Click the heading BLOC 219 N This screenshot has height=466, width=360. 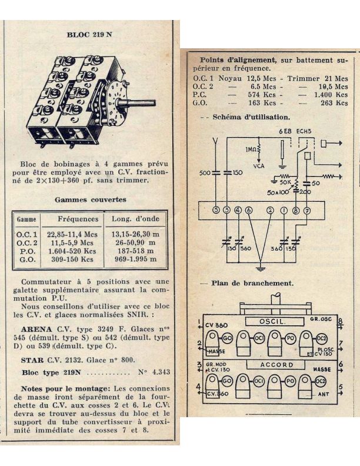pyautogui.click(x=89, y=35)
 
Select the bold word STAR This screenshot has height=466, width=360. pyautogui.click(x=32, y=360)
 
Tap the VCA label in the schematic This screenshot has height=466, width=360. pyautogui.click(x=259, y=165)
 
